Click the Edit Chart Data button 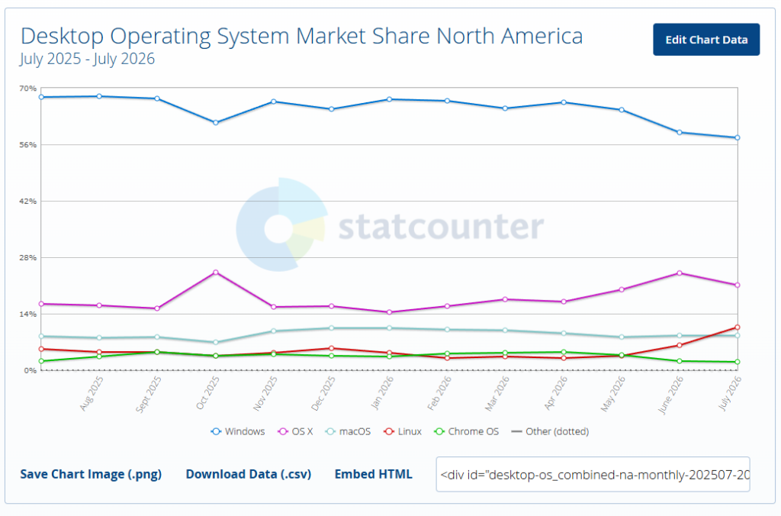706,40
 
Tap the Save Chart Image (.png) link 91,474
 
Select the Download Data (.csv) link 249,474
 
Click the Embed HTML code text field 593,474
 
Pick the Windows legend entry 238,431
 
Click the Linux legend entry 403,431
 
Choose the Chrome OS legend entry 466,431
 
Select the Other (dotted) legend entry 550,431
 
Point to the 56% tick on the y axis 28,144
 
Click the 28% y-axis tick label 28,258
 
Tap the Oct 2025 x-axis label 207,393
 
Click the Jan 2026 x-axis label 382,392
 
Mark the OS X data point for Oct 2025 216,273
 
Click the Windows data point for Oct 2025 216,123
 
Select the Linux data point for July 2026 738,327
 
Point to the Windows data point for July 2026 738,137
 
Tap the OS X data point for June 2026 680,273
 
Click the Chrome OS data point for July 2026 738,362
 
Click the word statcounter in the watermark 442,227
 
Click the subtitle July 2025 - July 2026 87,59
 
